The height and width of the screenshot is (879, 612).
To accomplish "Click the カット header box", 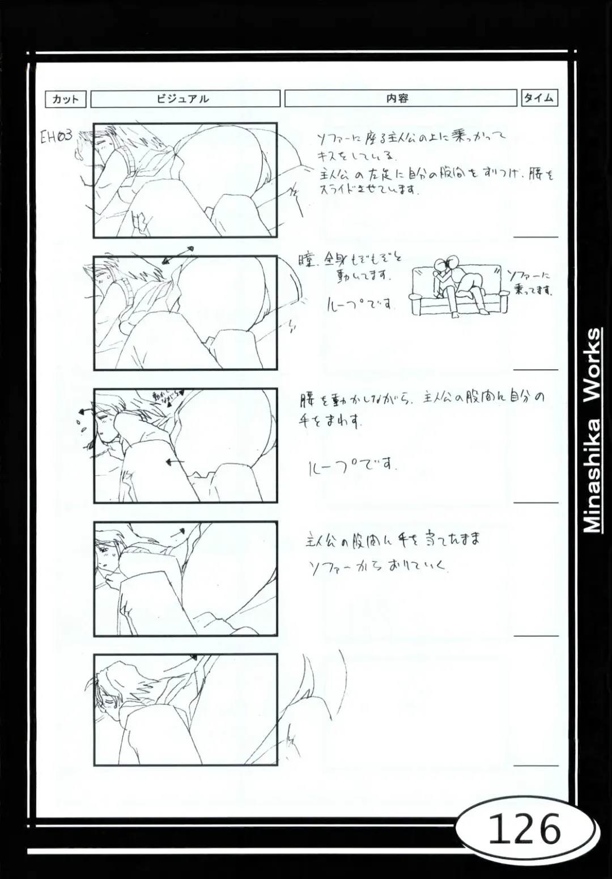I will click(x=66, y=99).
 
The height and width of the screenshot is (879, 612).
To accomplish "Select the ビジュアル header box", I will click(x=185, y=99).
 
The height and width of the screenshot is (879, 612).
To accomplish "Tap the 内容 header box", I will click(x=400, y=98).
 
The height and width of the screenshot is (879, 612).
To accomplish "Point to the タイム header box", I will click(x=539, y=98).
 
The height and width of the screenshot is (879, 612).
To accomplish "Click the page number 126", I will click(x=524, y=830).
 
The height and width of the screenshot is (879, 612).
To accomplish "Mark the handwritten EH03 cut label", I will click(x=56, y=137).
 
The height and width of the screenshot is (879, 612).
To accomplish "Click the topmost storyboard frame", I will click(x=185, y=180).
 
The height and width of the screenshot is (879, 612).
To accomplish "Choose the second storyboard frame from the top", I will click(x=185, y=313).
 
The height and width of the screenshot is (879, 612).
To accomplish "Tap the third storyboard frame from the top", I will click(x=185, y=446).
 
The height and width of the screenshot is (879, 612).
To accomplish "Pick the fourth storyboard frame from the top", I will click(x=185, y=578).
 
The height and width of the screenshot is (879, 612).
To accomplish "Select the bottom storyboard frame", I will click(x=185, y=710).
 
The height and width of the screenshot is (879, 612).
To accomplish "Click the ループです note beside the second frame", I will click(x=360, y=305).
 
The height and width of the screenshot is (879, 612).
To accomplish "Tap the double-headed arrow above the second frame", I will click(x=178, y=255).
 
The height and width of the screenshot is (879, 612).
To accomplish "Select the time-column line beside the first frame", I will click(x=535, y=236).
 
